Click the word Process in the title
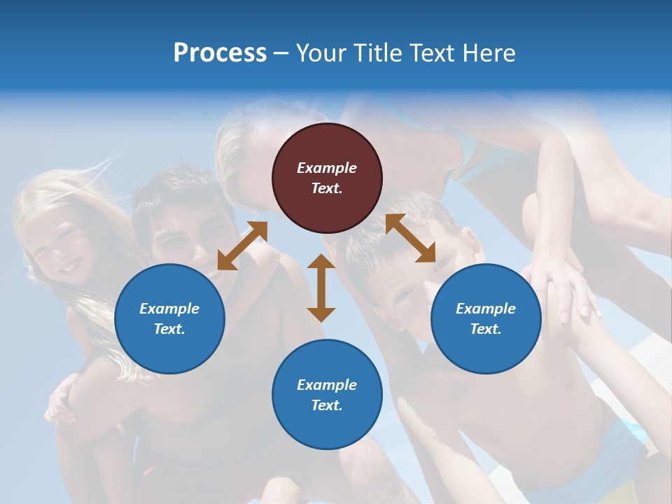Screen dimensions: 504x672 coord(220,53)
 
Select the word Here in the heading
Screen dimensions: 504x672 coord(487,53)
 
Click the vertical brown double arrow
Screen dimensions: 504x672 coord(321,288)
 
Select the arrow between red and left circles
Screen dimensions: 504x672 coord(242,246)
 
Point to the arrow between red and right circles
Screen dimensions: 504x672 coord(410,238)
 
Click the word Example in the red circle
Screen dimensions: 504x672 coord(327,168)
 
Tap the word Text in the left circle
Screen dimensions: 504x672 coord(169,329)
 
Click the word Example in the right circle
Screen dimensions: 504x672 coord(486,309)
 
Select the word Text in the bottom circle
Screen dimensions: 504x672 coord(327,405)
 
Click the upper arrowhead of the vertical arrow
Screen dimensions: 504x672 coord(321,262)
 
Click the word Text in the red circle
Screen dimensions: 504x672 coord(327,188)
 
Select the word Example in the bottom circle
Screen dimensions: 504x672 coord(327,385)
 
